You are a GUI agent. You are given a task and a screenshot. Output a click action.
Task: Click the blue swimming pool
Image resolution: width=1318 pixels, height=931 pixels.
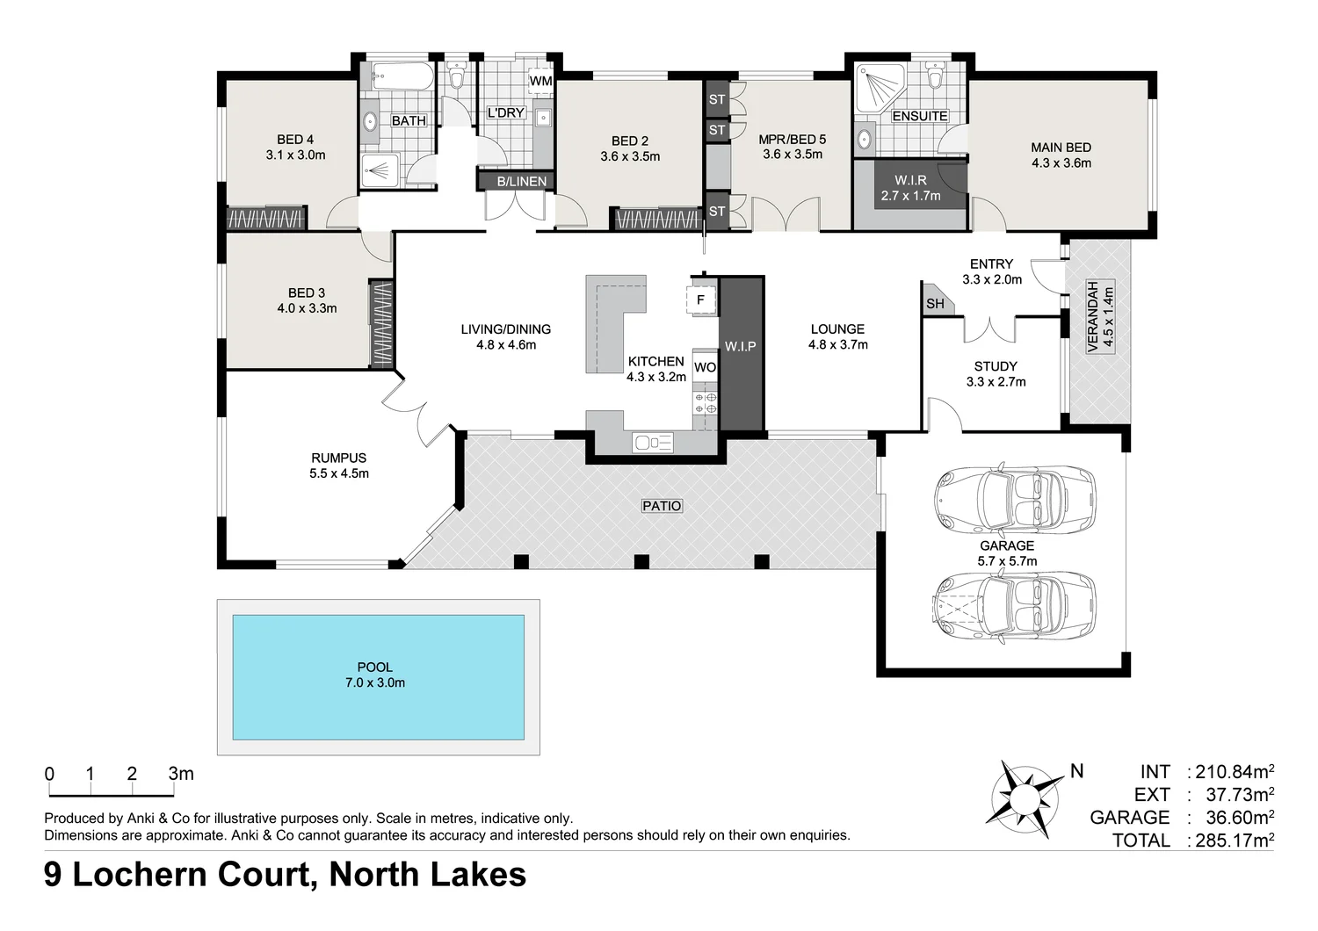point(378,676)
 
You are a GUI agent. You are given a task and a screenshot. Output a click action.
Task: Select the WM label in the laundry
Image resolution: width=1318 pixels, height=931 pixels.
point(540,81)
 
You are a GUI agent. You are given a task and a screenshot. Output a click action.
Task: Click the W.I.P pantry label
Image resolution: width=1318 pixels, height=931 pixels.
point(741,346)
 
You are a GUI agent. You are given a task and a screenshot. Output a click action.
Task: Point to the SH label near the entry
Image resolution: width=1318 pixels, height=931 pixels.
point(935,304)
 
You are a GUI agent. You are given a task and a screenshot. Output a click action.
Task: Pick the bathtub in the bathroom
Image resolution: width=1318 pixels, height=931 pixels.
point(401,76)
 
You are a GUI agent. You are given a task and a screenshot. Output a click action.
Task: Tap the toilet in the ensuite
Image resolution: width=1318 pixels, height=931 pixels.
point(934,78)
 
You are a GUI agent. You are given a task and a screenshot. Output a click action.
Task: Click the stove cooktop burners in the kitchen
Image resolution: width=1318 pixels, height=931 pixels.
point(706,403)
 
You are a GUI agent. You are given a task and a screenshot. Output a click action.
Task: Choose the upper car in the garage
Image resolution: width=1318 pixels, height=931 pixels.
point(1015,498)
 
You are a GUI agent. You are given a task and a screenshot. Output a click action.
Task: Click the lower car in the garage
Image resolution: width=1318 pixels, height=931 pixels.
point(1015,607)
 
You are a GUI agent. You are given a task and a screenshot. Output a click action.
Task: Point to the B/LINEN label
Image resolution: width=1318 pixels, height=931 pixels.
point(522,182)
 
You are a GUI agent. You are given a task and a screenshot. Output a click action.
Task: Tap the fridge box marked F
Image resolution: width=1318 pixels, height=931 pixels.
point(700,300)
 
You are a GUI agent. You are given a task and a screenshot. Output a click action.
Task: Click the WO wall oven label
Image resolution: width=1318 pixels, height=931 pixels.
point(705,367)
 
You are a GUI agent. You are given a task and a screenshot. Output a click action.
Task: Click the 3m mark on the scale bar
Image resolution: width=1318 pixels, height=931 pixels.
point(180,774)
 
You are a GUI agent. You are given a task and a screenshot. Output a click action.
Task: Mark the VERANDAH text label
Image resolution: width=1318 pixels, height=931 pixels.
point(1093,316)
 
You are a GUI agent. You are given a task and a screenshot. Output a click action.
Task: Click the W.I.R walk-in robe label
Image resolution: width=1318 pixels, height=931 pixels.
point(910,180)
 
